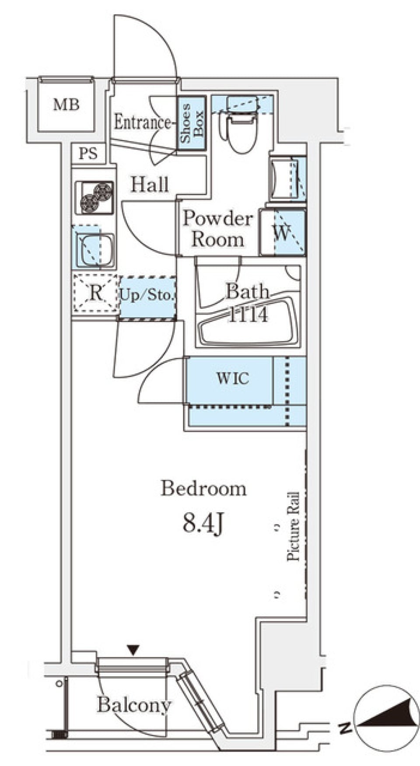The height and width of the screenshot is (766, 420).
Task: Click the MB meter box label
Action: [x=66, y=105]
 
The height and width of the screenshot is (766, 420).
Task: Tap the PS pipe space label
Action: [x=88, y=154]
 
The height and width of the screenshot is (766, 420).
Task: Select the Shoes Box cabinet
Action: [x=192, y=123]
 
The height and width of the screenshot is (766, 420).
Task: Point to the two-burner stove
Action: [x=94, y=197]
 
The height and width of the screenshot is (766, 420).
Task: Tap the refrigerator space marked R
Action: [x=95, y=293]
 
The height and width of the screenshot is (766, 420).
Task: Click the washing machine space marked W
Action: [x=282, y=233]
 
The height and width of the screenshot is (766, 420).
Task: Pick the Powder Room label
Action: [x=218, y=229]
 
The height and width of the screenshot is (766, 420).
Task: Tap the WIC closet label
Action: [x=233, y=378]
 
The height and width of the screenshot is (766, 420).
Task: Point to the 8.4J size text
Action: [x=203, y=523]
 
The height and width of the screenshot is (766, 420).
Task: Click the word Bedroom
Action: [x=203, y=488]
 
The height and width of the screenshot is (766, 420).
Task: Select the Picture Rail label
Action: [x=293, y=527]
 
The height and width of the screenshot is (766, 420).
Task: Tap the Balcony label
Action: [x=134, y=705]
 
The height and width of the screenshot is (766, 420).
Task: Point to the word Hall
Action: [x=150, y=185]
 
